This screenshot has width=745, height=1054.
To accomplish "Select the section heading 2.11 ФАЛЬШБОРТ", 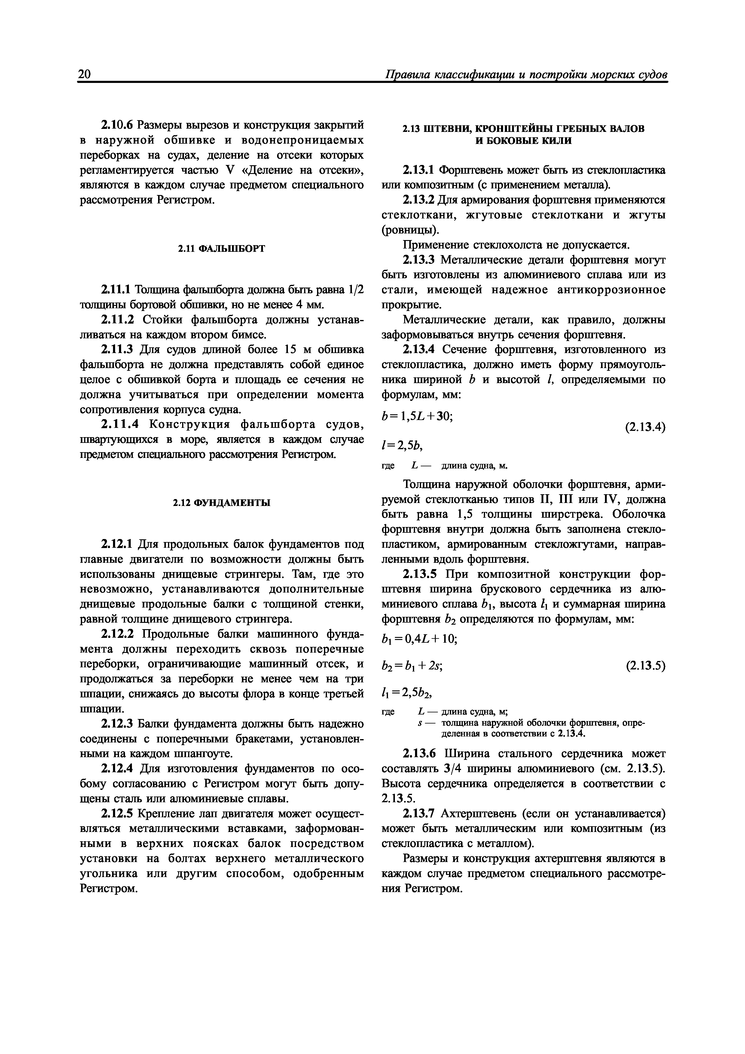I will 221,248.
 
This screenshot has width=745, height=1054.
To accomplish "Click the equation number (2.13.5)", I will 645,665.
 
